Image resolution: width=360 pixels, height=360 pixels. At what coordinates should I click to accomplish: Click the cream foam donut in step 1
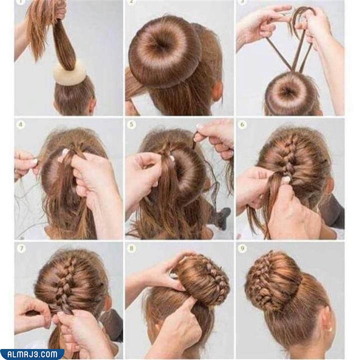pyautogui.click(x=69, y=73)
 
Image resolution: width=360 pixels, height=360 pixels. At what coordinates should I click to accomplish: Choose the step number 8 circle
pyautogui.click(x=132, y=248)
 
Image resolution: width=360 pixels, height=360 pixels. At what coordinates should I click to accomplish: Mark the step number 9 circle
pyautogui.click(x=242, y=248)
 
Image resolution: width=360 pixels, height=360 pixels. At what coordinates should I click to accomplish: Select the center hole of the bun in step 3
pyautogui.click(x=289, y=91)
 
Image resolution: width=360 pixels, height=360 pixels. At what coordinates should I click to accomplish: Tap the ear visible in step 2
pyautogui.click(x=216, y=91)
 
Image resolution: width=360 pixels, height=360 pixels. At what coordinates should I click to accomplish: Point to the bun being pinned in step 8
pyautogui.click(x=202, y=280)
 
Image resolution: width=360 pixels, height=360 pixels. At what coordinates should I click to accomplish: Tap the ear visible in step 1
pyautogui.click(x=92, y=105)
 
